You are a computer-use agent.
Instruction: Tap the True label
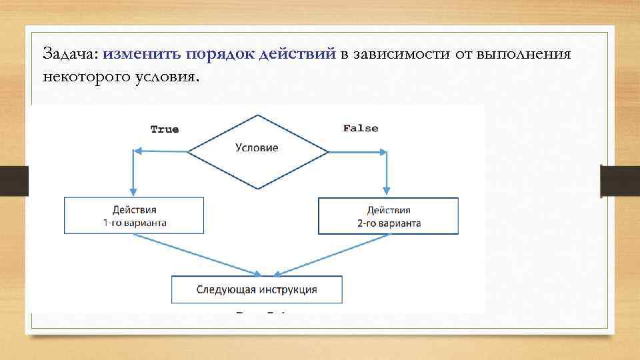[165, 129]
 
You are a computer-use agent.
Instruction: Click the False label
[360, 128]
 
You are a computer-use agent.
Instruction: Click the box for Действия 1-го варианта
[134, 215]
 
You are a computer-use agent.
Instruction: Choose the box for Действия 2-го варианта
[389, 216]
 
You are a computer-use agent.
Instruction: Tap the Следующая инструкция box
[257, 290]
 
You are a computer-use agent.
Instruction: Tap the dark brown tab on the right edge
[619, 181]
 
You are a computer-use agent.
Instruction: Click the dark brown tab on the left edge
[14, 181]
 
